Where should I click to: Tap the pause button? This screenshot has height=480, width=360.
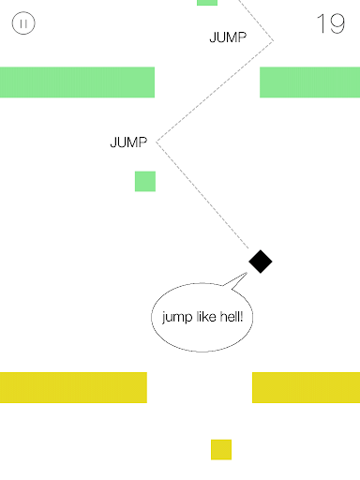click(x=23, y=23)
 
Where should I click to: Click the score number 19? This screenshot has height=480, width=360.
click(x=331, y=23)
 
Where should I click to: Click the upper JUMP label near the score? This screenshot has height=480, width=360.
click(x=228, y=37)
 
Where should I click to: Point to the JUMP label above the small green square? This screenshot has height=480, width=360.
click(x=128, y=142)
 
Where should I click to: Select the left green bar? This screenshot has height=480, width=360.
click(x=77, y=82)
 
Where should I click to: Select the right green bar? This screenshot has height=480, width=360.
click(x=309, y=82)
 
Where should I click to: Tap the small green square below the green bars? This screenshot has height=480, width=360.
click(x=145, y=181)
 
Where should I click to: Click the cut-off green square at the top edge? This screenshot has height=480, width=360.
click(x=207, y=3)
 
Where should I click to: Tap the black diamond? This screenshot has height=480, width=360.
click(x=261, y=262)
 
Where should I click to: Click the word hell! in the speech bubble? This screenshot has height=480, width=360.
click(x=232, y=317)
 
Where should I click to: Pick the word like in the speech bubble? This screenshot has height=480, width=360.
click(x=206, y=317)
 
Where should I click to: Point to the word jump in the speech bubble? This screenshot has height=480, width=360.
click(x=177, y=318)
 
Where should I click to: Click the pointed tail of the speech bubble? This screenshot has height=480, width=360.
click(x=247, y=273)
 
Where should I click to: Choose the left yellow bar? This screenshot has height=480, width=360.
click(x=73, y=387)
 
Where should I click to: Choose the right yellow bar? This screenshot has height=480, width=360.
click(x=306, y=387)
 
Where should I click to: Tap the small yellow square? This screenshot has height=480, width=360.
click(x=221, y=450)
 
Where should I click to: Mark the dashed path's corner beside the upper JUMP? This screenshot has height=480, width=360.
click(x=273, y=40)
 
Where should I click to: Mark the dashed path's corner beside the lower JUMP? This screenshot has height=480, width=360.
click(x=157, y=142)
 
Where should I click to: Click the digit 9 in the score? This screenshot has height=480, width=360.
click(x=337, y=23)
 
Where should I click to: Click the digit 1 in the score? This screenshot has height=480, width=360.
click(x=322, y=23)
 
